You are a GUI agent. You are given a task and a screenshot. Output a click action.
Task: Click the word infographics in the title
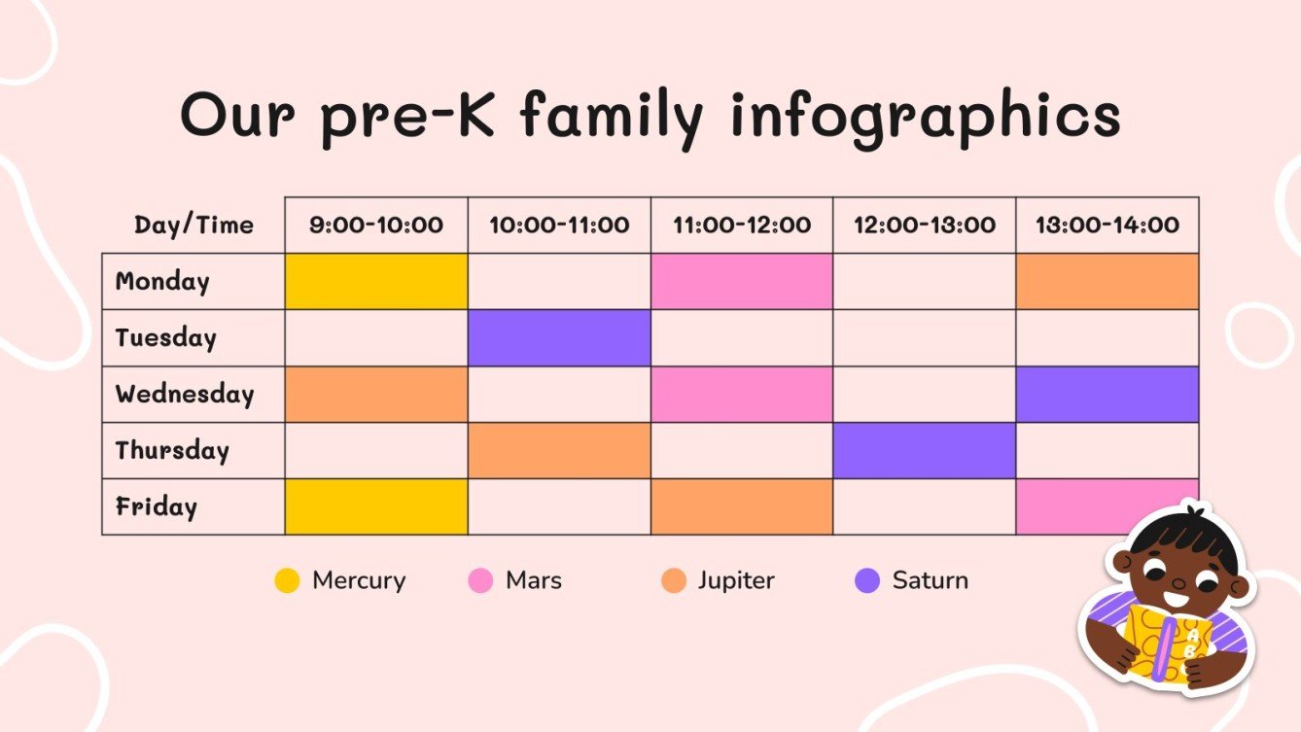tap(925, 117)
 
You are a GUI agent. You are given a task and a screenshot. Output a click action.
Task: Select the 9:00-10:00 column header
tap(376, 226)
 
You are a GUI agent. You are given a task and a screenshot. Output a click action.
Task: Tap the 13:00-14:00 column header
tap(1107, 226)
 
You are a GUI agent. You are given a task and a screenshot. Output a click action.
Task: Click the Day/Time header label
tap(193, 226)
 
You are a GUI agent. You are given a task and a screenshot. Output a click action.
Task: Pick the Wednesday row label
tap(185, 395)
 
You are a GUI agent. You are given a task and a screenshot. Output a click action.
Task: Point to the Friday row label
tap(157, 507)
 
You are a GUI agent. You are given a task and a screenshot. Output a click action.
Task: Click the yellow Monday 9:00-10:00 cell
tap(376, 282)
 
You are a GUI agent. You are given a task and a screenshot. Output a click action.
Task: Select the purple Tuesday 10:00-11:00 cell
tap(559, 338)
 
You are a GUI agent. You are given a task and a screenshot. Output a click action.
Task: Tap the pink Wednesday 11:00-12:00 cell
tap(742, 395)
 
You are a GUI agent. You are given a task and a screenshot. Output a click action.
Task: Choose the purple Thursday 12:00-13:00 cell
tap(925, 451)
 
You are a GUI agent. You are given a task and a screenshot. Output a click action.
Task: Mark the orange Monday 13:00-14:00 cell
tap(1107, 282)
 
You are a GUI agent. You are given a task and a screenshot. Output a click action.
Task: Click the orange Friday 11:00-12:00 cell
tap(742, 507)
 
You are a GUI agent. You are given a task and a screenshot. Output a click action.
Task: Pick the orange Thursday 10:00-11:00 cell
tap(559, 451)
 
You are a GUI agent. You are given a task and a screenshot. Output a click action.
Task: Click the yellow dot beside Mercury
tap(287, 581)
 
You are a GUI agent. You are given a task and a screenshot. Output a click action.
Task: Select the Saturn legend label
tap(930, 581)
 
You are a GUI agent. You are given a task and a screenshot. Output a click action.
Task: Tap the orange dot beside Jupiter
tap(673, 581)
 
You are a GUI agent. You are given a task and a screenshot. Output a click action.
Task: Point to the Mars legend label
tap(534, 581)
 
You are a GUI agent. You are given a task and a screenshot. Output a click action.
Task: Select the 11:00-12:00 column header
tap(742, 226)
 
